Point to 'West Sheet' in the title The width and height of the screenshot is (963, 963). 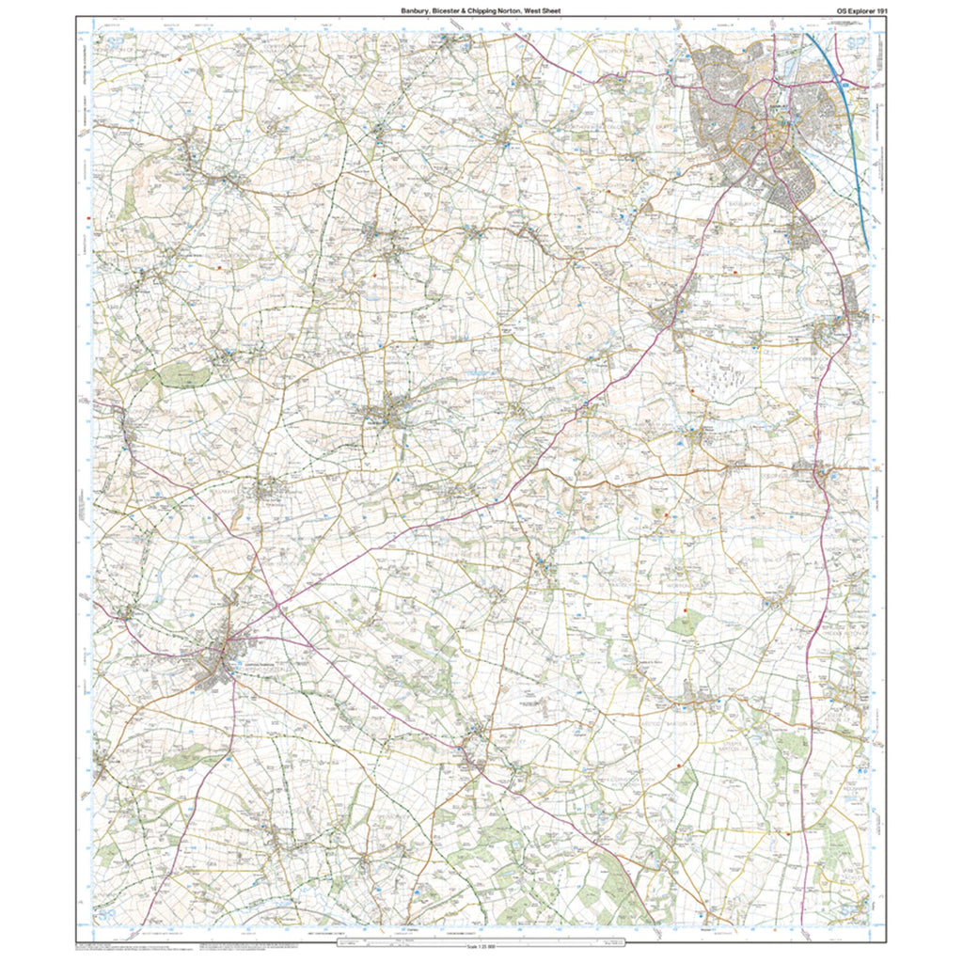[x=545, y=10]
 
